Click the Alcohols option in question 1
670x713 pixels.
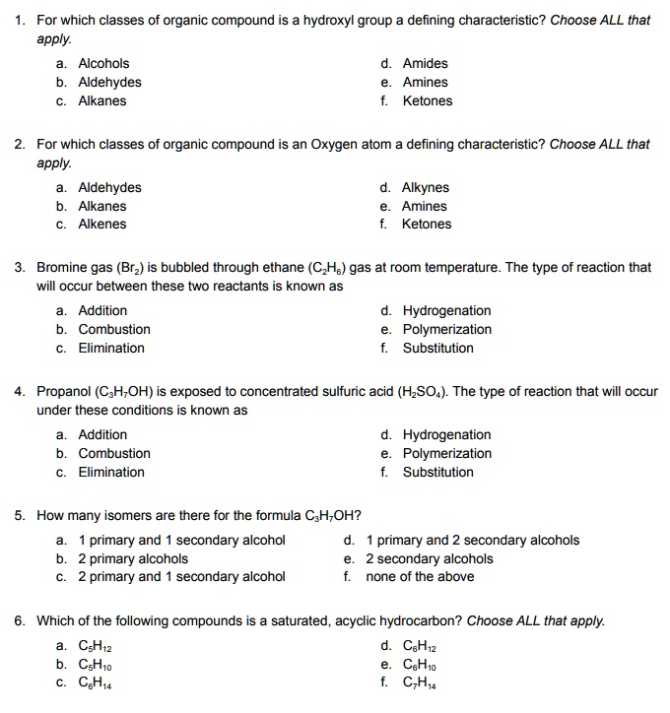[103, 64]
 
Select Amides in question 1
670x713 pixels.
[425, 64]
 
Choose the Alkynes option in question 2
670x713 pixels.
[426, 188]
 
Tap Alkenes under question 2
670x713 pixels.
[102, 225]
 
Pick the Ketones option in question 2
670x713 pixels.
[427, 225]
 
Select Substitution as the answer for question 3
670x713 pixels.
[437, 349]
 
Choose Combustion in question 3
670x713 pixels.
[114, 330]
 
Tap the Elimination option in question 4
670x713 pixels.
[111, 473]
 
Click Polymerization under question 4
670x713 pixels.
[446, 454]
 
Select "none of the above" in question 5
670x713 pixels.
[420, 577]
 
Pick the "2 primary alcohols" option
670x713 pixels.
[133, 559]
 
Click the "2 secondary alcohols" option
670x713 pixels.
[430, 559]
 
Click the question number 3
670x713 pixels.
[20, 268]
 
